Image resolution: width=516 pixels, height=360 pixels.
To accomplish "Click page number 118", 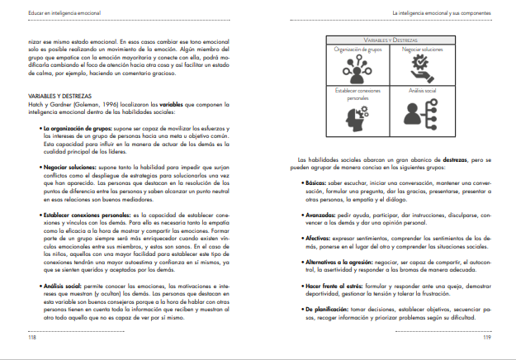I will pyautogui.click(x=32, y=339).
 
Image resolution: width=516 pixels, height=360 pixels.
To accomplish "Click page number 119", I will pyautogui.click(x=486, y=339).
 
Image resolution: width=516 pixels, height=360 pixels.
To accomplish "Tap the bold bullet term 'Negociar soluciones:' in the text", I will pyautogui.click(x=71, y=166).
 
